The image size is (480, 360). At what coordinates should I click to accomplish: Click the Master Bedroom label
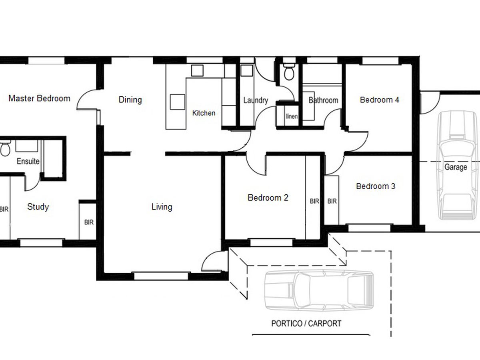pos(39,98)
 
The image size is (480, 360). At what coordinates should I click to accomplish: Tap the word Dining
pos(130,100)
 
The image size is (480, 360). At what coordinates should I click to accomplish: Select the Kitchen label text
pos(204,113)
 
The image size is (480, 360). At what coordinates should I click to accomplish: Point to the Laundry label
pos(256,100)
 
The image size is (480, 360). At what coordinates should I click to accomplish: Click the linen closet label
pos(292,116)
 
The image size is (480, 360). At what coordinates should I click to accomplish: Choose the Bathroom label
pos(323,100)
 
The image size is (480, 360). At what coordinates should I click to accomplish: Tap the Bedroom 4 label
pos(380,100)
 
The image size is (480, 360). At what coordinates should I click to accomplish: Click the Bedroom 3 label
pos(376,186)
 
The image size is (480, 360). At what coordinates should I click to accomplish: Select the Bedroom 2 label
pos(268,198)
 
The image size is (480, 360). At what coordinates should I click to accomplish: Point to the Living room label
pos(162,207)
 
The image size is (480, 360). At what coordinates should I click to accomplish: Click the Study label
pos(38,207)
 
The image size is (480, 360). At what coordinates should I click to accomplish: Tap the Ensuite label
pos(28,161)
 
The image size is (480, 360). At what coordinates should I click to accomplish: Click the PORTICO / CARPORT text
pos(306,324)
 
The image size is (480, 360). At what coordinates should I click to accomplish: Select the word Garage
pos(456,167)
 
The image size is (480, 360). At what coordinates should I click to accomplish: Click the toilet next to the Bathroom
pos(289,72)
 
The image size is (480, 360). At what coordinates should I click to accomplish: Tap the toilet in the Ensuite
pos(5,148)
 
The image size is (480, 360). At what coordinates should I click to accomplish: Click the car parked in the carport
pos(319,290)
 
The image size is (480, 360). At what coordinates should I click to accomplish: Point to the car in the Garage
pos(458,165)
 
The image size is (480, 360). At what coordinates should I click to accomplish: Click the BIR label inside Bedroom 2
pos(314,201)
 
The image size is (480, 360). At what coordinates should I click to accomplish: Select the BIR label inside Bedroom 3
pos(332,201)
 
